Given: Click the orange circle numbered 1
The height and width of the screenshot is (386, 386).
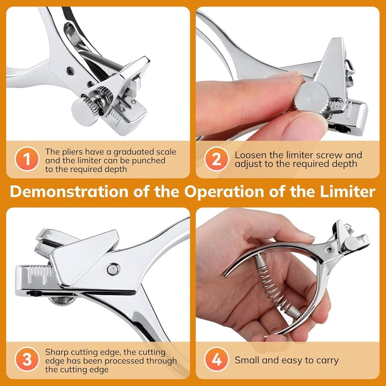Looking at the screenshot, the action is point(27,159).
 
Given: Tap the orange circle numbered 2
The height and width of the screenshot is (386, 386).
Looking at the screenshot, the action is point(217,159).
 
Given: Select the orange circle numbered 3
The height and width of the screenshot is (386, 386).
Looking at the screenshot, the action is point(27,359).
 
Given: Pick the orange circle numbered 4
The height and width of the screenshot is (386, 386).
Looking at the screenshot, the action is point(217,359).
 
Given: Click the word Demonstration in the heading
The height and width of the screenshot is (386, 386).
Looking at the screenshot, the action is point(69,191).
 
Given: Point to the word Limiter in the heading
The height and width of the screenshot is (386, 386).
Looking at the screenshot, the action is point(347,191).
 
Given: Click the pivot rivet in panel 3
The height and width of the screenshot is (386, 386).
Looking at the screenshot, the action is point(113,269).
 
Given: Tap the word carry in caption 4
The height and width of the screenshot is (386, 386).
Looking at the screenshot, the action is point(327,361).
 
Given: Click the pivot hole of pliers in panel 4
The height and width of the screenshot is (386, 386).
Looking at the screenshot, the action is point(329,250).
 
